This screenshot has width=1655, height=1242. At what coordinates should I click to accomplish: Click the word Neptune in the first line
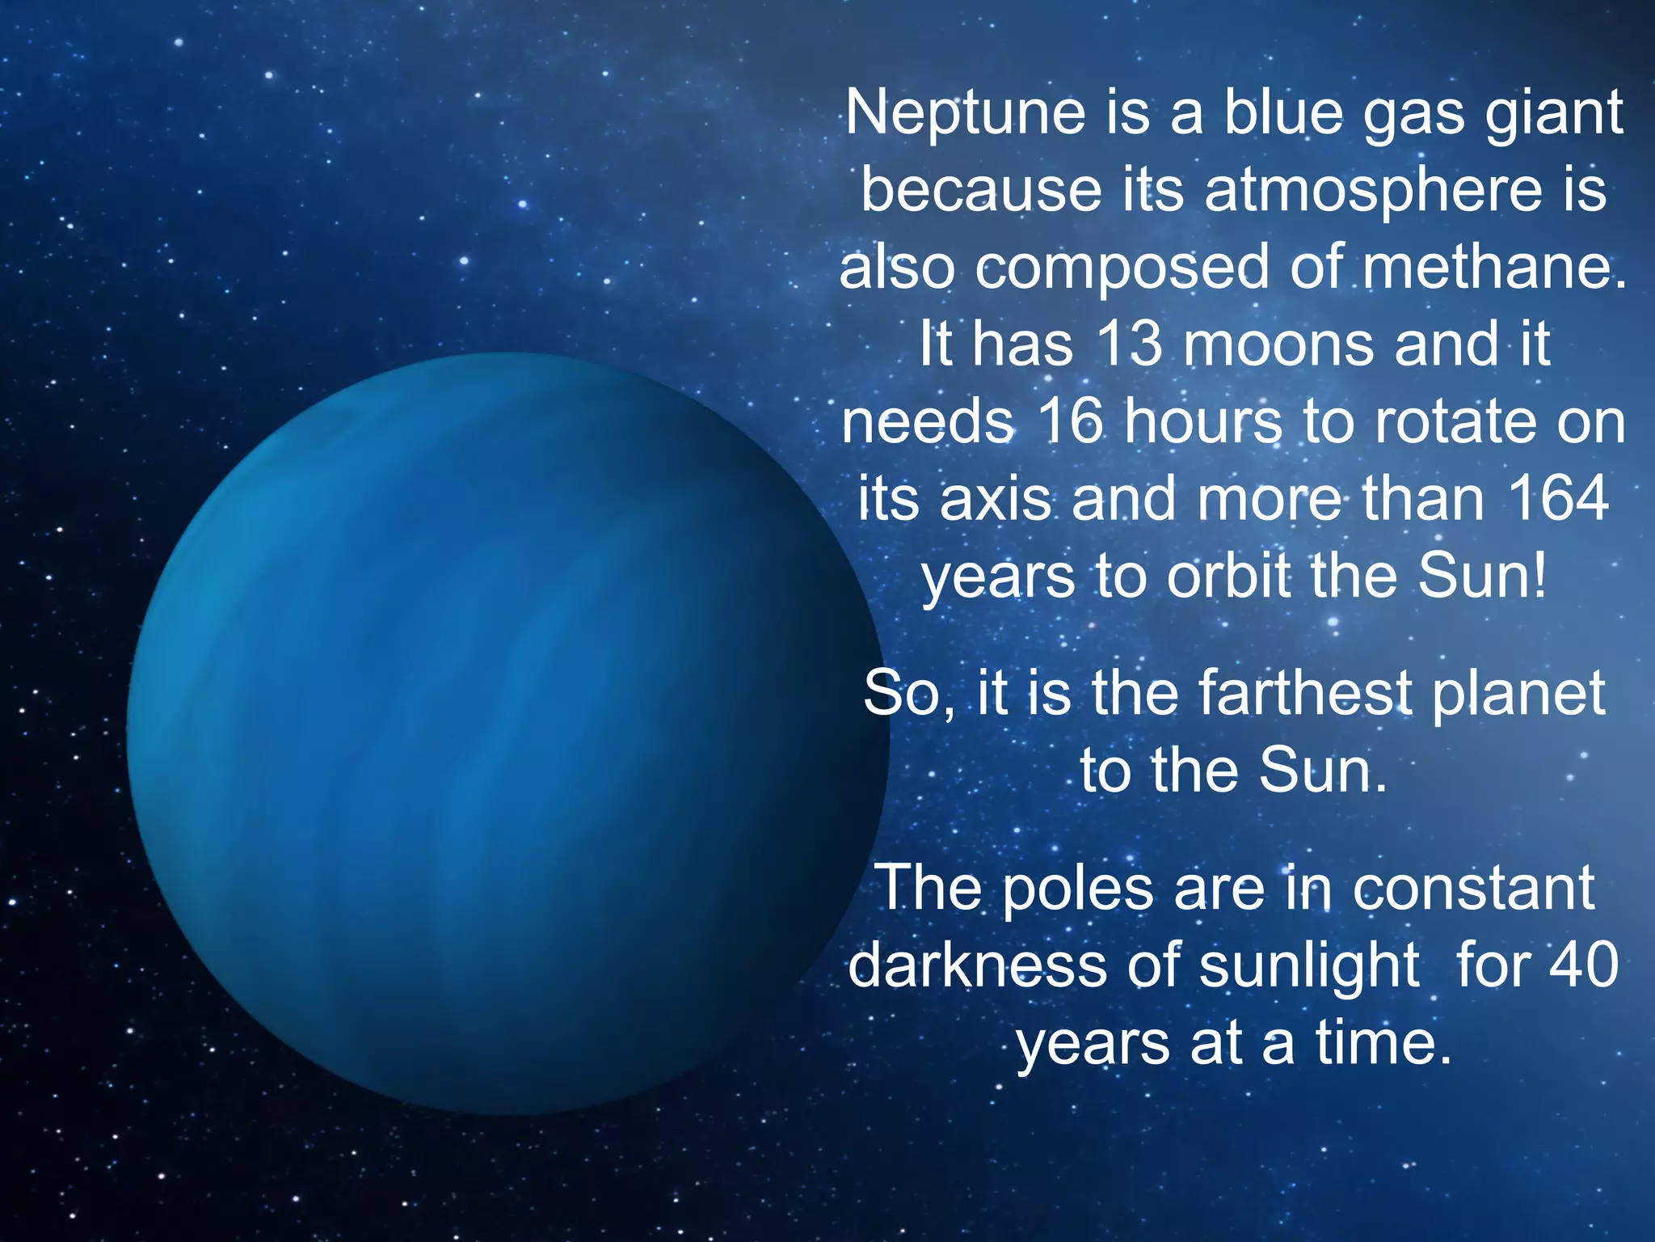(966, 113)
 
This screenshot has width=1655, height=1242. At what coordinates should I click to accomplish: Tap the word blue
(1283, 113)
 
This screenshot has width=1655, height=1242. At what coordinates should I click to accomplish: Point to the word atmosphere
(1373, 191)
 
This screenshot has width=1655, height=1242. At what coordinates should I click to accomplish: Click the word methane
(1494, 268)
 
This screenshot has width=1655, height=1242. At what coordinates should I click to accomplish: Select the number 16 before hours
(1070, 422)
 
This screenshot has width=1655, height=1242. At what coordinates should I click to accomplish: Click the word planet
(1518, 694)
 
